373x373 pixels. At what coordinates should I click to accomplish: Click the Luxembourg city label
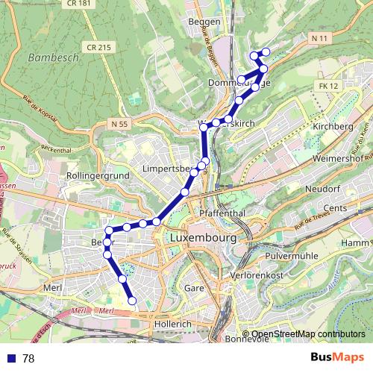coord(203,238)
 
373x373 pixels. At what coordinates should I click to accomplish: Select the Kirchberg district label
coord(332,127)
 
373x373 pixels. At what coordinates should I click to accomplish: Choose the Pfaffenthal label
coord(218,213)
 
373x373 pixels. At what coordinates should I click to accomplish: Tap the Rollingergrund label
coord(98,175)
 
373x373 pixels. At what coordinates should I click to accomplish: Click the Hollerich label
coord(172,325)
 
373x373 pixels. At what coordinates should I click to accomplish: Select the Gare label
coord(194,287)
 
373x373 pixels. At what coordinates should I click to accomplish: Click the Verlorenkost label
coord(257,275)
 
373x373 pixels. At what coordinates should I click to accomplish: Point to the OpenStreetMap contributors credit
coord(307,334)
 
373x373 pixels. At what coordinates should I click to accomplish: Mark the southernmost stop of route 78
coord(133,301)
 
